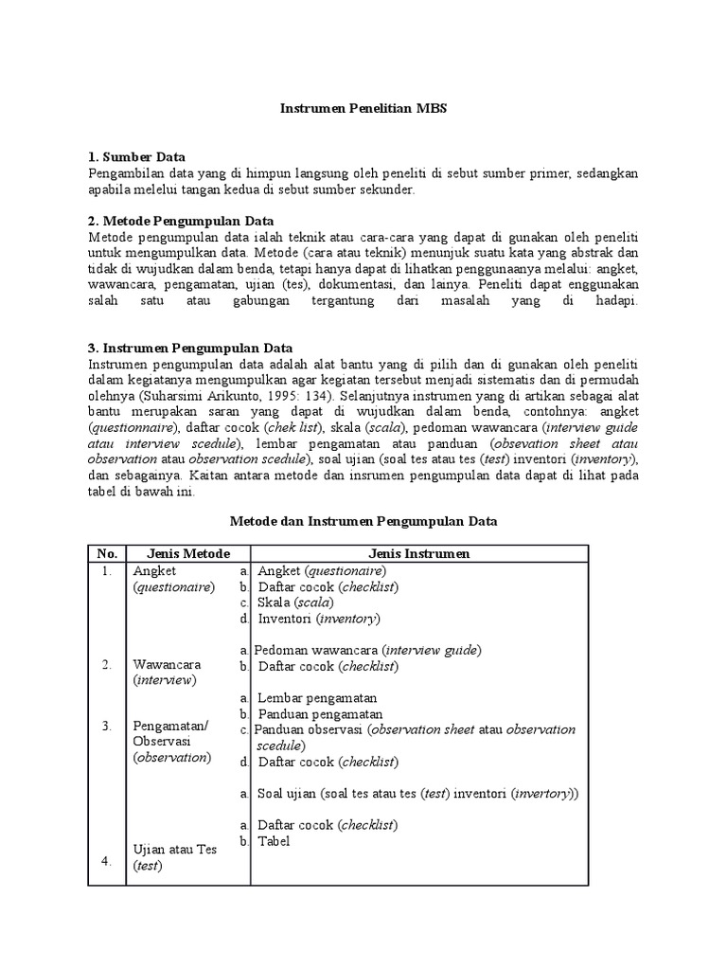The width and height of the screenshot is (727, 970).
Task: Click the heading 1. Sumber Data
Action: coord(136,156)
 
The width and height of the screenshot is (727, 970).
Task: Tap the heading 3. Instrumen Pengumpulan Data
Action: coord(190,348)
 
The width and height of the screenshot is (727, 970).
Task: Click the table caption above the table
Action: coord(364,522)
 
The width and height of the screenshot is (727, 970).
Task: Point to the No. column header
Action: coord(107,553)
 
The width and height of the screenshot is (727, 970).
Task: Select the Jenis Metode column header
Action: coord(187,553)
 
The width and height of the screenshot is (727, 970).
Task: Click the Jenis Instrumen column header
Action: coord(418,553)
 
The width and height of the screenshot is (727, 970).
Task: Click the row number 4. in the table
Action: coord(107,861)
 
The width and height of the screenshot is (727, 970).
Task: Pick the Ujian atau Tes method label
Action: coord(175,849)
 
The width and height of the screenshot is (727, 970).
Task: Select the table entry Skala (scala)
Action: coord(294,602)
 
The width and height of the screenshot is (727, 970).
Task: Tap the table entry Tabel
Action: coord(274,840)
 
